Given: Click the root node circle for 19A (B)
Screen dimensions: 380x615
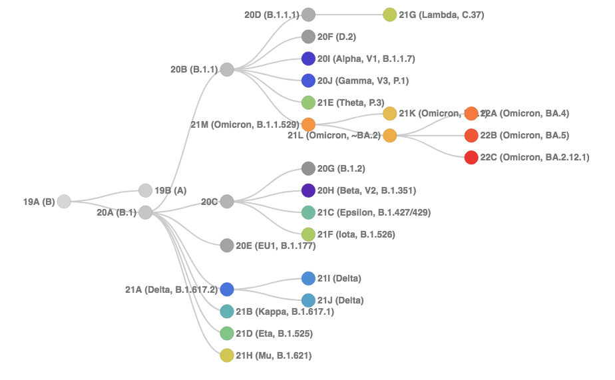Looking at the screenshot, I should click(x=64, y=201).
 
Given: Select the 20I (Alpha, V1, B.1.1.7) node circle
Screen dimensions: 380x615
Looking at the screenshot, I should click(x=308, y=59).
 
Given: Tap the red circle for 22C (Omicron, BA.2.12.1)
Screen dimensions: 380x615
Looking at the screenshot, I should click(x=471, y=158).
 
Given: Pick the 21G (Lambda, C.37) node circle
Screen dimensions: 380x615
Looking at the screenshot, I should click(x=390, y=15).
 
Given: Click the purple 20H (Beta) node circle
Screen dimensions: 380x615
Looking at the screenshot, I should click(x=308, y=190).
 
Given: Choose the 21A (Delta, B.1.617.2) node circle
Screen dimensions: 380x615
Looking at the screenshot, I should click(x=227, y=289).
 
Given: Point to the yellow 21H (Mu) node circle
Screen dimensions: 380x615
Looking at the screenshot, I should click(x=227, y=355).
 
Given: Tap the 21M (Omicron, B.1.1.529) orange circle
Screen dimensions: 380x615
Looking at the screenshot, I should click(x=308, y=124).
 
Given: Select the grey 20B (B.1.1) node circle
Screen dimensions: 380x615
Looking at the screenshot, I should click(x=227, y=69).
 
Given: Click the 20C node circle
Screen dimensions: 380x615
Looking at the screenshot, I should click(x=227, y=201).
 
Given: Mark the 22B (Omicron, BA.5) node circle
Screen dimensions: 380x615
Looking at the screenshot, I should click(x=471, y=136).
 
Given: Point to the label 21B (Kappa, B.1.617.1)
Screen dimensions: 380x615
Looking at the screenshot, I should click(x=285, y=311).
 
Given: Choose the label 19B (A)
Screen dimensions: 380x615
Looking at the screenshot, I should click(x=170, y=190).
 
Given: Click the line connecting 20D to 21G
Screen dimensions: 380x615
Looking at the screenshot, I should click(x=349, y=15).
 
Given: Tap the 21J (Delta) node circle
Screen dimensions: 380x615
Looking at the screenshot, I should click(x=308, y=300).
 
